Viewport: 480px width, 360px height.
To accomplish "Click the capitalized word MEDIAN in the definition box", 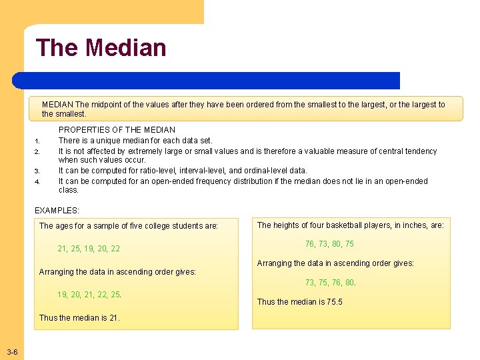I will pos(57,105).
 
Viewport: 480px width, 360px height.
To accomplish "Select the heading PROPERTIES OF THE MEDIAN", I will pos(117,130).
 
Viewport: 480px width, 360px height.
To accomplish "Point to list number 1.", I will pos(38,141).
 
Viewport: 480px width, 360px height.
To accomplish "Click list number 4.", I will pos(38,182).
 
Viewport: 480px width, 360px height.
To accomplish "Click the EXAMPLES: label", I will pos(56,210).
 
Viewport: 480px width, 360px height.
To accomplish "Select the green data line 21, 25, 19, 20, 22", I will pos(89,249).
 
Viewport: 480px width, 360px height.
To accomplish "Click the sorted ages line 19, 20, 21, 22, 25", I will pos(89,294).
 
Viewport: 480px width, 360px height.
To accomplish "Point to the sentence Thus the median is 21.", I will pos(79,318).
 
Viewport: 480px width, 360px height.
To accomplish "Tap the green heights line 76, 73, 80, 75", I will pos(329,244).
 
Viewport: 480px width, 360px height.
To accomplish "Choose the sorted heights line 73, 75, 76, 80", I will pos(330,282).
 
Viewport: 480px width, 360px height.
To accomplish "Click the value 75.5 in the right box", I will pos(334,302).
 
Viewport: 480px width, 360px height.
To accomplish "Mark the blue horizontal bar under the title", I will pos(207,81).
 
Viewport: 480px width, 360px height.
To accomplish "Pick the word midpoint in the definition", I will pos(107,105).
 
